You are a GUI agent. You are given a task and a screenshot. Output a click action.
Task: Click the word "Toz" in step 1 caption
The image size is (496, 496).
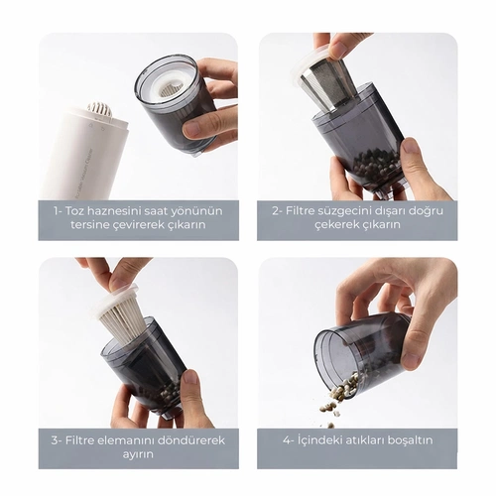74,211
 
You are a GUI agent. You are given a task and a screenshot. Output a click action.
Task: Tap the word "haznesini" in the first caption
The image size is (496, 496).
111,211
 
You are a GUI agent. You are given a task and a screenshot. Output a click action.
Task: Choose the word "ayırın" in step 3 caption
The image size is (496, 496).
138,455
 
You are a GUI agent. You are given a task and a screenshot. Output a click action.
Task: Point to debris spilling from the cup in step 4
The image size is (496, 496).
339,395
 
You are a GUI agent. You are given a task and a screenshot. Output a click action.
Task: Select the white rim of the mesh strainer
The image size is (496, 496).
310,62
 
